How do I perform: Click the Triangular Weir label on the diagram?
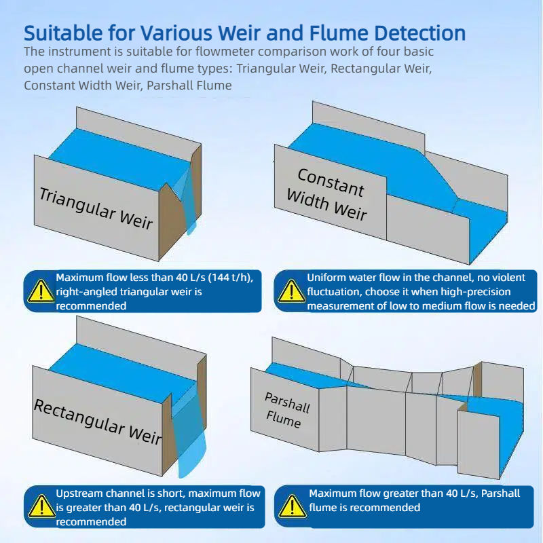point(96,208)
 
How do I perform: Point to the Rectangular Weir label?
point(98,421)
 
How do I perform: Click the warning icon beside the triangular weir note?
point(40,291)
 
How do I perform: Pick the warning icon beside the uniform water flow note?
point(291,291)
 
